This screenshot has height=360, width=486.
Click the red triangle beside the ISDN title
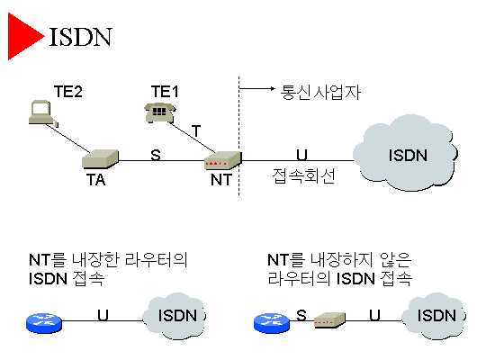[x=22, y=36]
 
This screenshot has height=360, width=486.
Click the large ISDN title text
[x=80, y=37]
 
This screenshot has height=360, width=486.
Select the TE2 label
[x=68, y=92]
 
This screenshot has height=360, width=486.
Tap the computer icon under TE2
[x=43, y=112]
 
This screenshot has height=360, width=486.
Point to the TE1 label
[x=165, y=92]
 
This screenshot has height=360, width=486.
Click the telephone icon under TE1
[x=159, y=112]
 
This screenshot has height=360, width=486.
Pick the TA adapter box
[x=100, y=159]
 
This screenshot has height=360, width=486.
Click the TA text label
[x=95, y=180]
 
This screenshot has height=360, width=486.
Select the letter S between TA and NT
[x=156, y=155]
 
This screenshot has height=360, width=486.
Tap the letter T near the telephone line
[x=196, y=130]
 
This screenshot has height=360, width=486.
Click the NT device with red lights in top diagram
[x=222, y=160]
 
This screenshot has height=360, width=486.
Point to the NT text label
[x=221, y=180]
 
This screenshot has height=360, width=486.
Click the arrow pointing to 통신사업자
[x=256, y=89]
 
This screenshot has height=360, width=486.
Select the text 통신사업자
[x=320, y=92]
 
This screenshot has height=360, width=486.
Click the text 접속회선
[x=304, y=176]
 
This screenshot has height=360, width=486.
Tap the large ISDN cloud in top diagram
[x=405, y=153]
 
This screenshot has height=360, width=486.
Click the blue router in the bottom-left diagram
[x=44, y=323]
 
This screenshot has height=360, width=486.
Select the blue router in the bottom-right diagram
[x=272, y=323]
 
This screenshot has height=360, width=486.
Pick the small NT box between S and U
[x=329, y=320]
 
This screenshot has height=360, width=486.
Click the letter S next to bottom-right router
[x=301, y=315]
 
